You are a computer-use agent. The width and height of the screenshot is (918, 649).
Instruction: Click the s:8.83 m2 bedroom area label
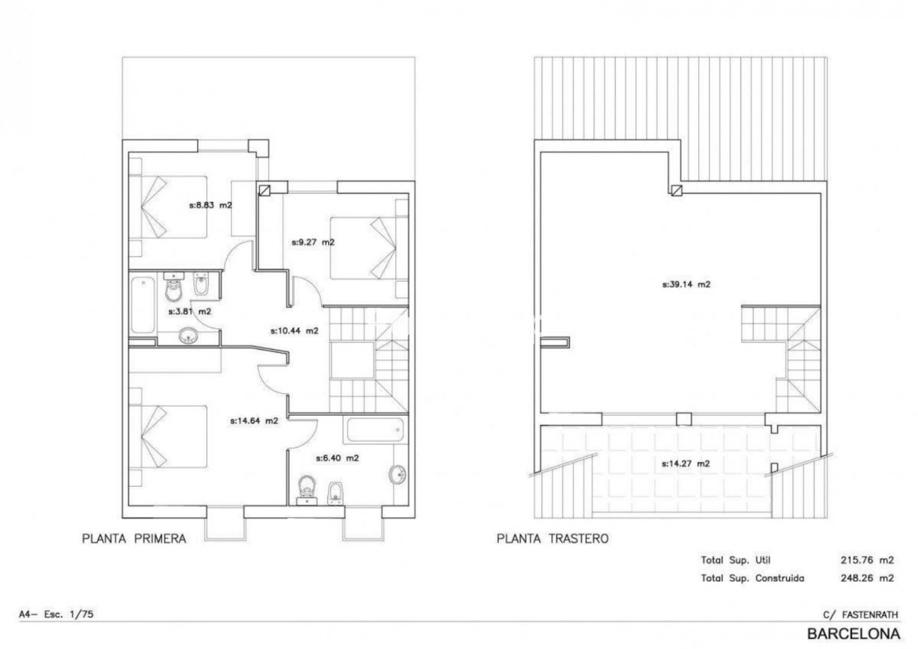tap(211, 205)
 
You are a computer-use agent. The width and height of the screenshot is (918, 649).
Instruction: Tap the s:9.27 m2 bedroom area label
tap(313, 242)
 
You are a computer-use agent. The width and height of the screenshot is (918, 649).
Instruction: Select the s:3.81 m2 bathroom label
tap(190, 312)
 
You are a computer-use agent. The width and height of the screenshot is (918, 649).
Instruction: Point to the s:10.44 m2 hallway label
tap(294, 331)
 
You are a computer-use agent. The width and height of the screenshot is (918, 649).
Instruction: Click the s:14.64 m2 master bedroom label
tap(254, 421)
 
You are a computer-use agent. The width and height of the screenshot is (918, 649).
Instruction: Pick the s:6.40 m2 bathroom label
tap(337, 458)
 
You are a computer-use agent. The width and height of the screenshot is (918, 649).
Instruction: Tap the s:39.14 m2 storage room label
tap(686, 284)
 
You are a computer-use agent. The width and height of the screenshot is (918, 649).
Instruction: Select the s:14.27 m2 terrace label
tap(685, 464)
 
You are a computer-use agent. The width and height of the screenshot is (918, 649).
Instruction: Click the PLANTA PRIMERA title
tap(134, 538)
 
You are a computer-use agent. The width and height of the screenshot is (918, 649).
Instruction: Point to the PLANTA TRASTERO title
tap(553, 538)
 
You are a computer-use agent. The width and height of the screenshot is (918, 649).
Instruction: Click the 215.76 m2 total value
tap(867, 560)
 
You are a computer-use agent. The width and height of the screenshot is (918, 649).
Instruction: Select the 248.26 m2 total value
tap(867, 578)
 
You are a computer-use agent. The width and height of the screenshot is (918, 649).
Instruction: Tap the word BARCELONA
tap(854, 633)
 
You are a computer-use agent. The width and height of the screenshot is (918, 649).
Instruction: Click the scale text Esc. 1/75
tap(68, 614)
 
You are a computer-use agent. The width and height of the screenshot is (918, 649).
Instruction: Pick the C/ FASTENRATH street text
tap(860, 615)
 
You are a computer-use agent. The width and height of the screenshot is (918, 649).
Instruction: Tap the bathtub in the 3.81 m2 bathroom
tap(143, 305)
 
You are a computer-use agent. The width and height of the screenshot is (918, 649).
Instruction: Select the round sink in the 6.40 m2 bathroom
tap(397, 475)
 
